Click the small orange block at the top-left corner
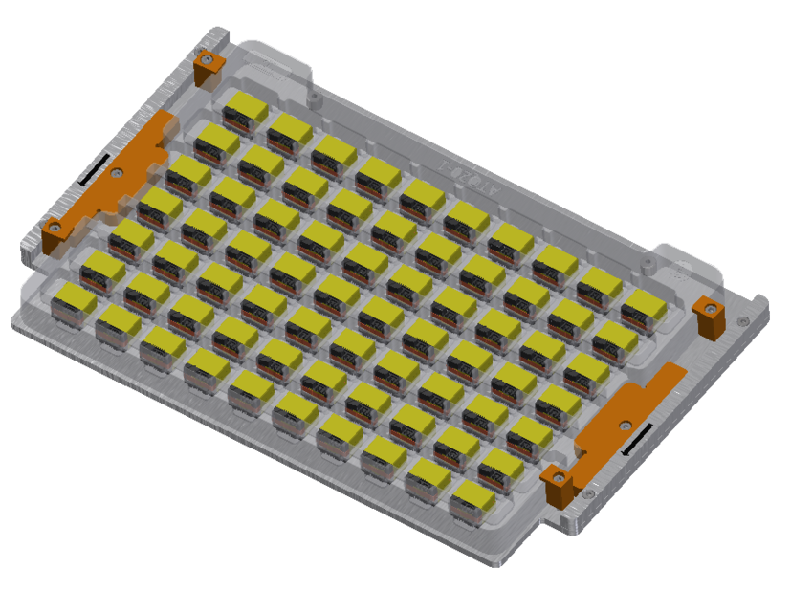pos(209,67)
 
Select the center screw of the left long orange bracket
pos(117,174)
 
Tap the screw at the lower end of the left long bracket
pos(55,229)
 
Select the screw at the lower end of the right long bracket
pos(560,475)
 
